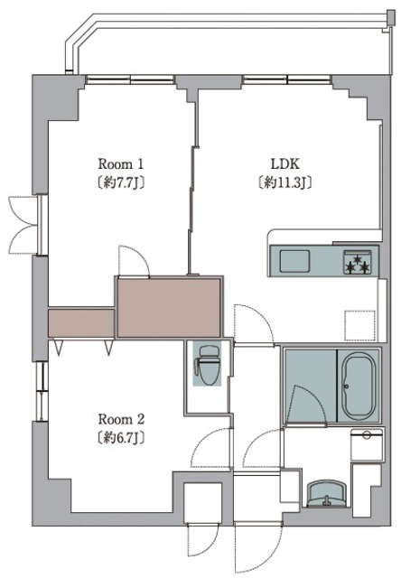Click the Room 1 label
pos(120,164)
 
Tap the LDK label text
pos(285,163)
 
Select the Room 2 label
pos(121,419)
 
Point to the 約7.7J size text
pos(120,183)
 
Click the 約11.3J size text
pos(285,182)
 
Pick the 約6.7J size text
pos(120,438)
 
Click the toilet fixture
pos(207,365)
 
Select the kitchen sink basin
pos(294,261)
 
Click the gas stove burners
pos(357,262)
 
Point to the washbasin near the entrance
pos(326,494)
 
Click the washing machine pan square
pos(367,443)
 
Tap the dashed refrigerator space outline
pos(359,325)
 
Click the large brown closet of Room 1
pos(169,307)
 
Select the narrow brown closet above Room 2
pos(81,323)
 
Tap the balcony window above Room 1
pos(130,79)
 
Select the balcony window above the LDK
pos(286,79)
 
